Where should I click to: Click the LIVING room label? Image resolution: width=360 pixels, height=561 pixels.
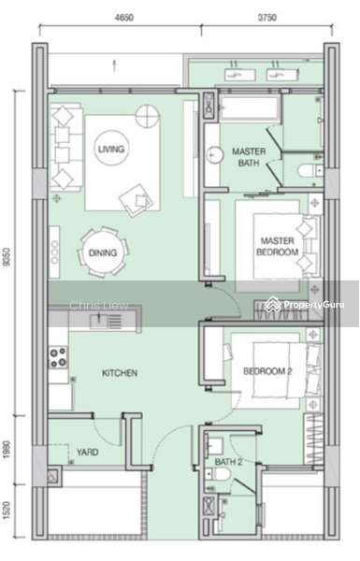pos(111,149)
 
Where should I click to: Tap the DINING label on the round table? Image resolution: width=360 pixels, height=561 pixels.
pos(103,253)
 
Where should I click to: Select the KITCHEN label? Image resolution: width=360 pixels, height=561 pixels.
pos(120,373)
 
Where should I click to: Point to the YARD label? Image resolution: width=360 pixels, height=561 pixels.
pos(87,452)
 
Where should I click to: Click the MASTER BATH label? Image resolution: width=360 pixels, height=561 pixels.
pos(249,157)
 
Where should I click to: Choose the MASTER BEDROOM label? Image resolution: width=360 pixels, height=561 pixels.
pos(278,247)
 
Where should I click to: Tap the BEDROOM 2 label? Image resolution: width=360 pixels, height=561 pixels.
pos(267,371)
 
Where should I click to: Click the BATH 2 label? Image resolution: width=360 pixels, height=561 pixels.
pos(228,462)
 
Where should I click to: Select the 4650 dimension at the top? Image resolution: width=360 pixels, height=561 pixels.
pos(123,18)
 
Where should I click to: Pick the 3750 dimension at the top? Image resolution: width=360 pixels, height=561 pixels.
pos(266,18)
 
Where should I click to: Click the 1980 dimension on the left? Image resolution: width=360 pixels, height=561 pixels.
pos(7,451)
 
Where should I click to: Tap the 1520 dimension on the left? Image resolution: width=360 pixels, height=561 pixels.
pos(7,511)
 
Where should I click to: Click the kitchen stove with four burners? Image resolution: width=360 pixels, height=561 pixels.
pos(58,357)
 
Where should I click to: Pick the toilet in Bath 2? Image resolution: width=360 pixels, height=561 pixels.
pos(218,475)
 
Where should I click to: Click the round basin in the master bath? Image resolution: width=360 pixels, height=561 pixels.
pos(214,155)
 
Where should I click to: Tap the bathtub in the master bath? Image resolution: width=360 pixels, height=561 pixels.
pos(250,108)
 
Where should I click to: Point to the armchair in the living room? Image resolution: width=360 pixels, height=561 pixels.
pos(137,200)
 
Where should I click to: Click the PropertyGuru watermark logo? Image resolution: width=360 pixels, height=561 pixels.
pos(305,305)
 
